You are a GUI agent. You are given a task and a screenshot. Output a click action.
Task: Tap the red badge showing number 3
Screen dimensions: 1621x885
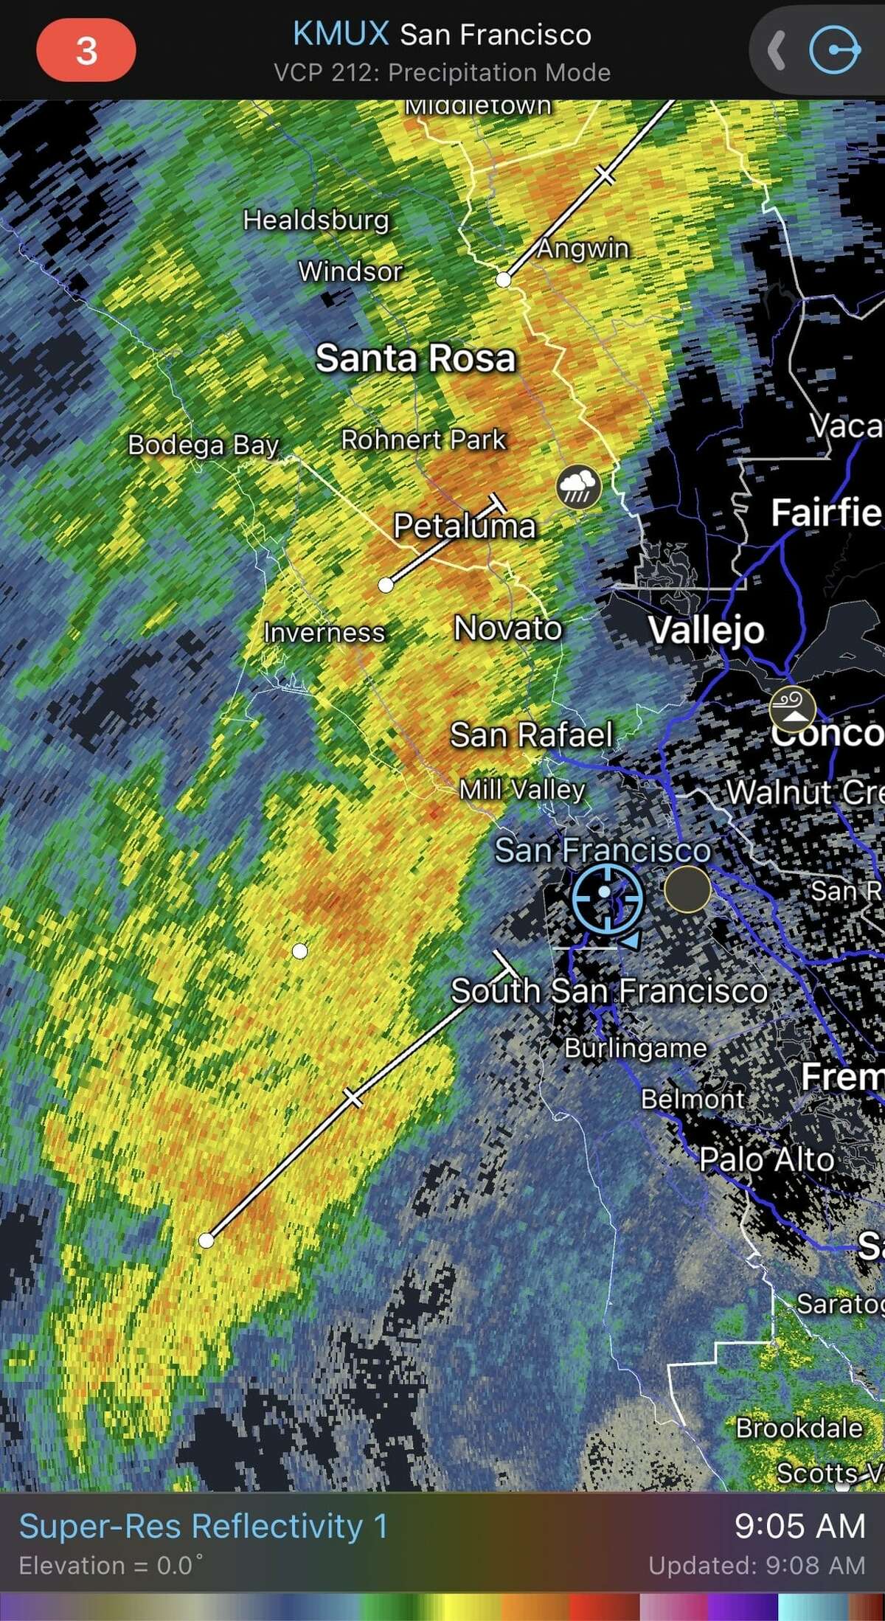[x=86, y=51]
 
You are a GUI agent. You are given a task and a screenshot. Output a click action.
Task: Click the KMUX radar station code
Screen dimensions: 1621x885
[x=341, y=34]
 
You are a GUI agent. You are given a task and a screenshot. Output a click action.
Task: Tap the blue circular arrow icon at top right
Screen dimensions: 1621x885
[x=834, y=50]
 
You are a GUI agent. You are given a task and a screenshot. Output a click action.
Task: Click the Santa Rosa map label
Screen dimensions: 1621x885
[x=415, y=358]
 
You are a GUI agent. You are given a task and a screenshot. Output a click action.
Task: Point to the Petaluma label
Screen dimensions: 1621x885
[x=464, y=526]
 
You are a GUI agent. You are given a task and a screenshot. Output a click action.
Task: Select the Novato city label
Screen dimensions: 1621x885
[x=507, y=628]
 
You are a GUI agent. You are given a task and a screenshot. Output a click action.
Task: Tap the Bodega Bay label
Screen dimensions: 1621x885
[x=203, y=445]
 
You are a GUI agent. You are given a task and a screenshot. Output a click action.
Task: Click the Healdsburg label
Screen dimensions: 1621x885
[x=316, y=220]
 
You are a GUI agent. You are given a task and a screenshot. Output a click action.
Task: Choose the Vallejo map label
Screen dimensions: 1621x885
[x=706, y=631]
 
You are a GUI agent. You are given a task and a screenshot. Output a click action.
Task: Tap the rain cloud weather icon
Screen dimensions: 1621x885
[x=578, y=487]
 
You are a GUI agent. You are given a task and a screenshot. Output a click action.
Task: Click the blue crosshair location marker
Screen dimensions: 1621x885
[x=606, y=897]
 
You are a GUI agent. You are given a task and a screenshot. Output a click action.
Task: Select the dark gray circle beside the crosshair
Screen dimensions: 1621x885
[x=687, y=889]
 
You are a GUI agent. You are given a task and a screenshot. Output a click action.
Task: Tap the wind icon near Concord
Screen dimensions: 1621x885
[x=792, y=709]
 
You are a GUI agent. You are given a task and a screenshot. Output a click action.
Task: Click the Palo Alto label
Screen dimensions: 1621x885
[x=766, y=1159]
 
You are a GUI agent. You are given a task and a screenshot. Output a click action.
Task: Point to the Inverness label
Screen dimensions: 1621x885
[x=324, y=633]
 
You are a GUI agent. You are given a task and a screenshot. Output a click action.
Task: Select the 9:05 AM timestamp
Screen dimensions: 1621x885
[x=799, y=1526]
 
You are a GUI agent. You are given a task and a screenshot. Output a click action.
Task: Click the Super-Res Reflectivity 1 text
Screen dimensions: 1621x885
[x=203, y=1527]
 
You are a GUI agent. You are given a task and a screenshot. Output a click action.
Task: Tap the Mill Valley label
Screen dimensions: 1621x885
[x=522, y=790]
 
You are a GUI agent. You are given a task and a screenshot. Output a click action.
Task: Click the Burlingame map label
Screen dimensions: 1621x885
[x=635, y=1048]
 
